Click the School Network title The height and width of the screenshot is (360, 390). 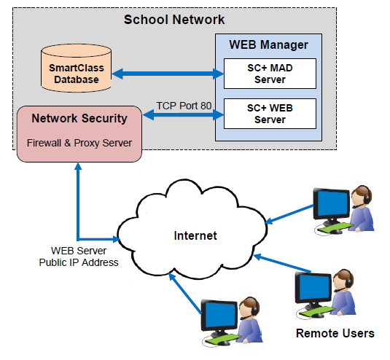click(x=174, y=19)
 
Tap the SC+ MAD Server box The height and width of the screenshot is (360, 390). click(x=270, y=74)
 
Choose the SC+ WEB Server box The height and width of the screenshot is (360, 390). click(x=270, y=114)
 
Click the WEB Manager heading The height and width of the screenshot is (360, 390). click(x=268, y=45)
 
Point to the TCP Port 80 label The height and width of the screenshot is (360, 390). click(x=184, y=106)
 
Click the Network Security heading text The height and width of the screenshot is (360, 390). click(x=79, y=118)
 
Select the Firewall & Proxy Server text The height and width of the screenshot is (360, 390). click(x=79, y=142)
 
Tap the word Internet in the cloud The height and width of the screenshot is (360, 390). click(x=196, y=235)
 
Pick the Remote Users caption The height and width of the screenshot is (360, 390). click(x=335, y=334)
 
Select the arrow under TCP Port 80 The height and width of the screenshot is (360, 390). click(x=184, y=115)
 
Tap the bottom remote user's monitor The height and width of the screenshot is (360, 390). click(x=222, y=316)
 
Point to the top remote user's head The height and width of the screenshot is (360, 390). click(x=359, y=196)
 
